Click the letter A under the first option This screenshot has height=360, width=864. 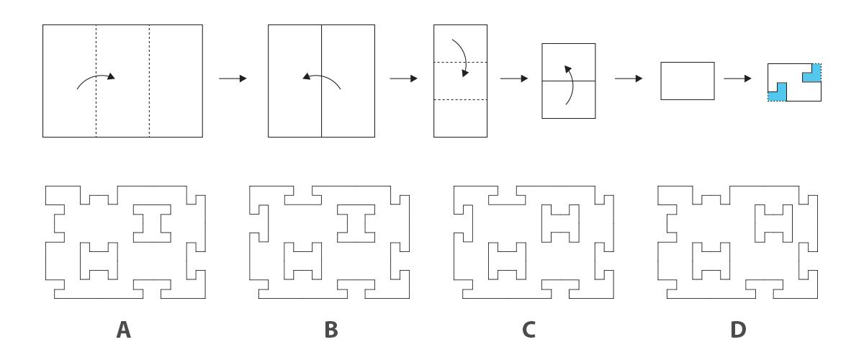click(124, 330)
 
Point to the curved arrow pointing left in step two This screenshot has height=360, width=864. click(321, 80)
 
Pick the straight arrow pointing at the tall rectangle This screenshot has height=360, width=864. click(403, 78)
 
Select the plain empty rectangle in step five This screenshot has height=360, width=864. click(688, 81)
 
